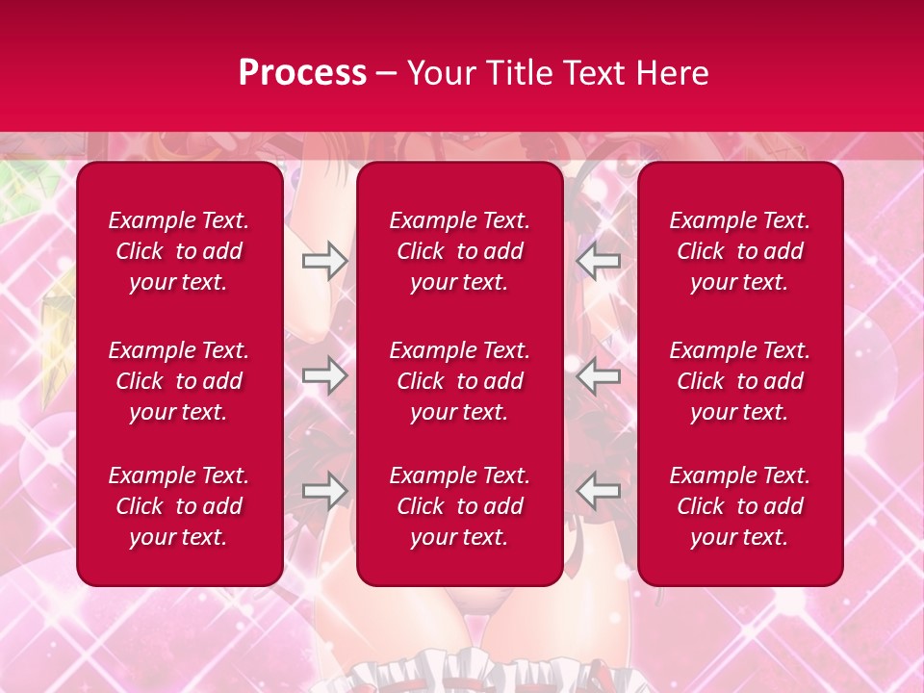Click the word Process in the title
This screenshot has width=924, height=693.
coord(302,73)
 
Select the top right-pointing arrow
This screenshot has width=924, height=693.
coord(325,261)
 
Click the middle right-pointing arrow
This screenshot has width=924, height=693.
coord(325,375)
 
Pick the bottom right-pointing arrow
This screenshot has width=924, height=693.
coord(325,491)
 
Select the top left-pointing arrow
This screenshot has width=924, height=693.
coord(599,261)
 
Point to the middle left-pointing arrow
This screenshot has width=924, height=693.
coord(599,375)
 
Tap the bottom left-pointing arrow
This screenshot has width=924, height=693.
coord(599,491)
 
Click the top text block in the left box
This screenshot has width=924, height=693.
coord(179,251)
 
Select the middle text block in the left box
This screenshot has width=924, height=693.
coord(179,381)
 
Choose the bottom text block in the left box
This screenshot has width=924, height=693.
coord(179,506)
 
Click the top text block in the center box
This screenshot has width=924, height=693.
coord(460,251)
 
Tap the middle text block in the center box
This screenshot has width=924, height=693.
coord(460,381)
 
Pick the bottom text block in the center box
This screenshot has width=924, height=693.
coord(460,506)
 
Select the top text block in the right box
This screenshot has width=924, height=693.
coord(740,251)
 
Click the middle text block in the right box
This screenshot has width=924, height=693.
coord(740,381)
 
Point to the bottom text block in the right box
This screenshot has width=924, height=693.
coord(740,506)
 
